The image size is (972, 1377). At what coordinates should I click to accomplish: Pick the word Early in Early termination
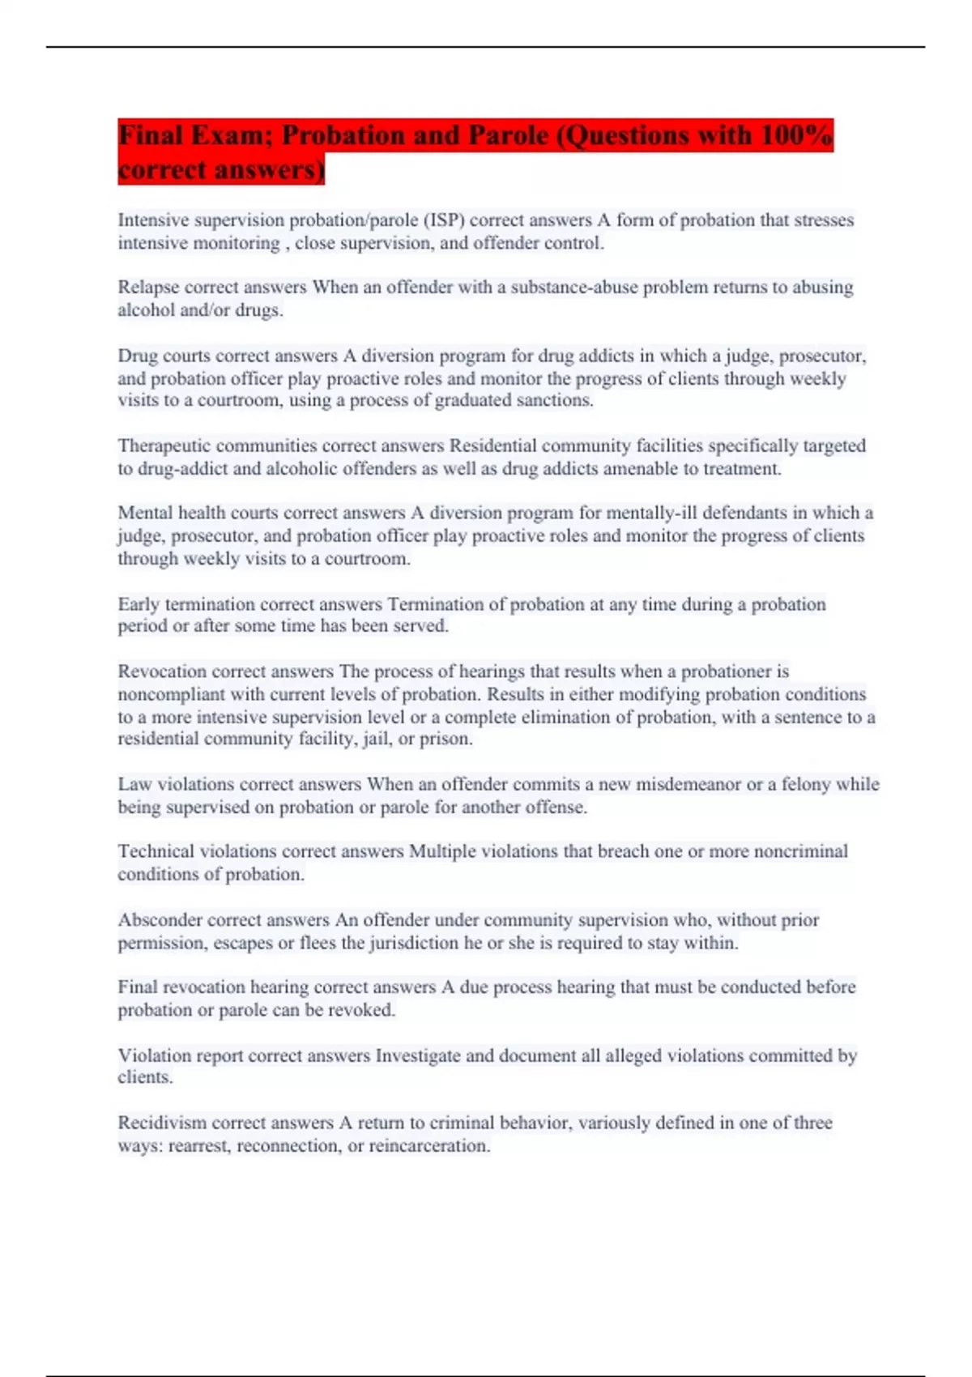pos(139,604)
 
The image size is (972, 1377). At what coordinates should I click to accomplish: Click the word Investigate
pos(417,1055)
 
